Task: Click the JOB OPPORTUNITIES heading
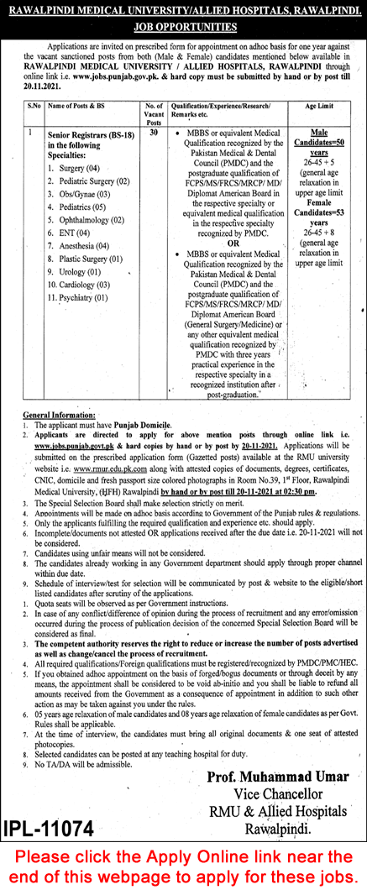(x=184, y=27)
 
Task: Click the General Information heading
(x=56, y=415)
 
